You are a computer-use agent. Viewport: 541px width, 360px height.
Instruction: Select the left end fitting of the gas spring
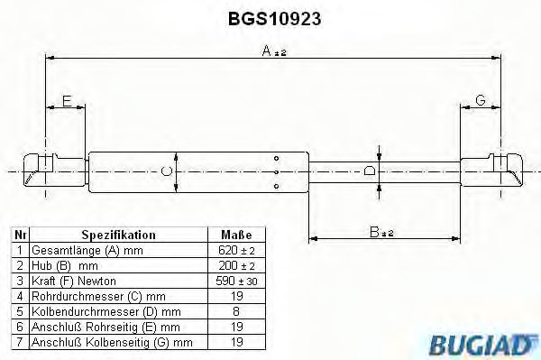[43, 169]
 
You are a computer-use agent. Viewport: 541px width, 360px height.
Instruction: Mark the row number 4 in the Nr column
[18, 296]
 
